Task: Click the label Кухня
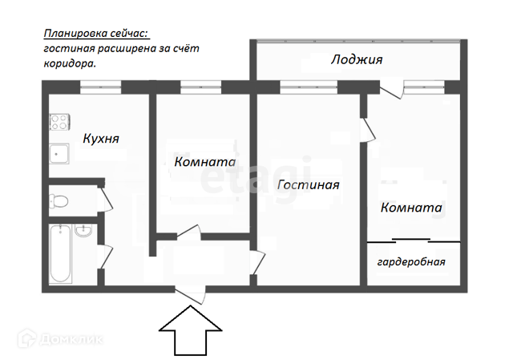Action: tap(101, 139)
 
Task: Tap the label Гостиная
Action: tap(309, 185)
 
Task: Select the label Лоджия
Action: tap(357, 60)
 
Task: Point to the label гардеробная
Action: tap(411, 261)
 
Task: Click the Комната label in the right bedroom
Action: tap(412, 208)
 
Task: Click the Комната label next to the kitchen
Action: tap(205, 161)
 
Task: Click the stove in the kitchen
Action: tap(59, 122)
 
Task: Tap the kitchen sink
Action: tap(59, 153)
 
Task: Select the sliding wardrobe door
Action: tap(414, 240)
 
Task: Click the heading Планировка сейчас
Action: tap(96, 34)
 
